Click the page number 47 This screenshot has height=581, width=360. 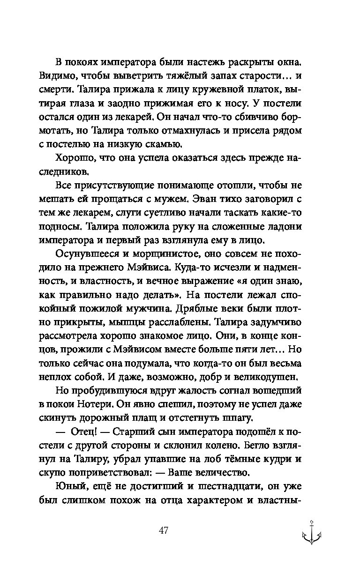[x=164, y=530]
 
